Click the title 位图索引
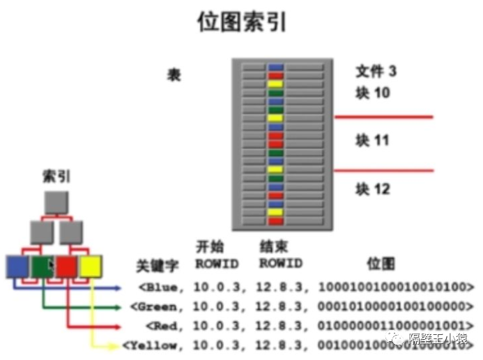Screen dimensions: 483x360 tap(242, 22)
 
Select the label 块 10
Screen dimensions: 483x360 tap(372, 93)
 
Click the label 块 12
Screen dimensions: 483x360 tap(372, 189)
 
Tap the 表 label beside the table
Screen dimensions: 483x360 tap(174, 75)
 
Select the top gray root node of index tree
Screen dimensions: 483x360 tap(57, 202)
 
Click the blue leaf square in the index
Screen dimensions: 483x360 tap(17, 266)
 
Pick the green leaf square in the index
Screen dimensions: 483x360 tap(42, 266)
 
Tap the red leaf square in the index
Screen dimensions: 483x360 tap(66, 266)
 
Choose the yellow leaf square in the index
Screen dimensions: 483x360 tap(91, 266)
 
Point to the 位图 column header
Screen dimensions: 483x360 tap(381, 264)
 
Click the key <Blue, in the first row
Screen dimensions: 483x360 tap(162, 287)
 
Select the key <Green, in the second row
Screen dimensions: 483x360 tap(158, 306)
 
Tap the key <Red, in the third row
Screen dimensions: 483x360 tap(165, 325)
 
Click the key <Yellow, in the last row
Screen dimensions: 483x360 tap(153, 345)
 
